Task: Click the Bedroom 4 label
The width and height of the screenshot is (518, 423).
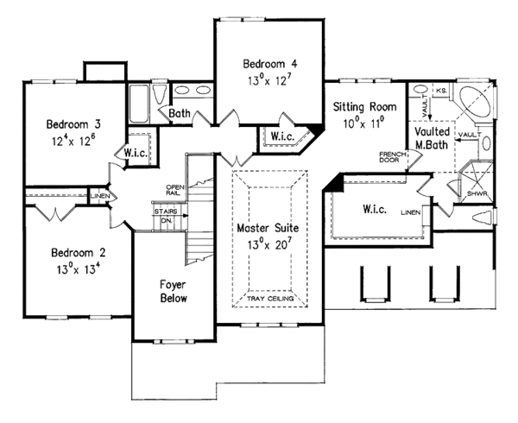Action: pos(269,64)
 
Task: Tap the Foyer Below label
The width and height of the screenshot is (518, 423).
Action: pos(174,290)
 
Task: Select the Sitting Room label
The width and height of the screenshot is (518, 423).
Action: pos(364,107)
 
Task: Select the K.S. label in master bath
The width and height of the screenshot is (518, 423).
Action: pos(440,90)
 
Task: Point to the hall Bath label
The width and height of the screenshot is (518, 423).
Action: pos(180,113)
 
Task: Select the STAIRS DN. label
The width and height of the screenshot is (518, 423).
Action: pos(165,215)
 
